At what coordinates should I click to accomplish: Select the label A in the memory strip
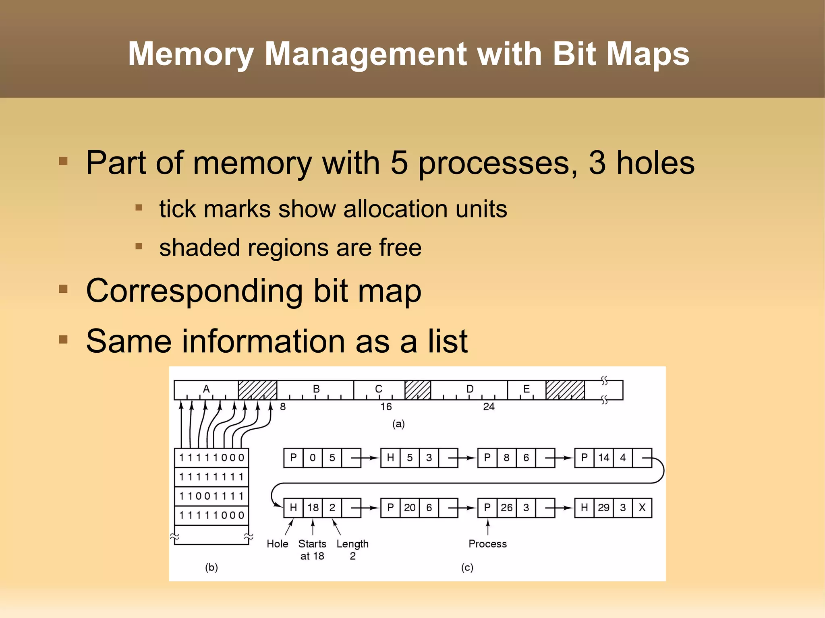(206, 389)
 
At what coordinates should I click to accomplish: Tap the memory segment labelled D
(469, 389)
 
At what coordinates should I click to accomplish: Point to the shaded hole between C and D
(418, 390)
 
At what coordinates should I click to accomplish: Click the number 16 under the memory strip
(386, 407)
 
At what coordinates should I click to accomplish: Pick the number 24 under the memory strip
(489, 407)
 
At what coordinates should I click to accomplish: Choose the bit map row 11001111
(212, 496)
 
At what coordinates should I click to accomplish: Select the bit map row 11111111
(212, 477)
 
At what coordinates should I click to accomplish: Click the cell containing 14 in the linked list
(603, 458)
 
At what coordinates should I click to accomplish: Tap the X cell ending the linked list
(642, 508)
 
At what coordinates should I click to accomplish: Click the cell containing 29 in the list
(603, 508)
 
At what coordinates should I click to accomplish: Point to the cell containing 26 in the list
(506, 508)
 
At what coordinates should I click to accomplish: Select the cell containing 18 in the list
(313, 508)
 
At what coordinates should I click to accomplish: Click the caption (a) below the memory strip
(398, 424)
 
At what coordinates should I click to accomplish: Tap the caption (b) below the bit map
(211, 568)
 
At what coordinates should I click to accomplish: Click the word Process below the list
(487, 544)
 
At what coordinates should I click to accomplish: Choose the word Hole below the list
(277, 544)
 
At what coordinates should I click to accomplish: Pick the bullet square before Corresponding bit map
(63, 289)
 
